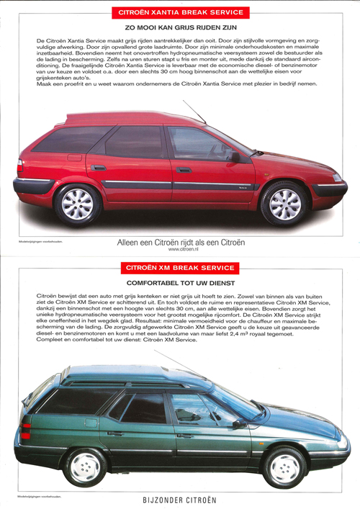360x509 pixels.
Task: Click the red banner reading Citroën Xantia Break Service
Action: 179,12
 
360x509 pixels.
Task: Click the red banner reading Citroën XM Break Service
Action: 180,269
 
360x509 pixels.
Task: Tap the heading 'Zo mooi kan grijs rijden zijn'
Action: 180,27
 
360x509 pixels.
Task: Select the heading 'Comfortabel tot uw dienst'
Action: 181,283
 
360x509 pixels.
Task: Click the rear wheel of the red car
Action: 77,204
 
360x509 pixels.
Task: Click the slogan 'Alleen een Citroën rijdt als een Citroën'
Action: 181,243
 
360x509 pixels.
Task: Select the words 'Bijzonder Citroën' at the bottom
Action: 180,498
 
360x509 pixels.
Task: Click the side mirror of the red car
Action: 234,156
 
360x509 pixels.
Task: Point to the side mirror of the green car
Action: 237,424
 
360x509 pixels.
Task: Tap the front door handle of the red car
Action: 184,170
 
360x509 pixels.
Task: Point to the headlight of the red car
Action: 336,177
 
